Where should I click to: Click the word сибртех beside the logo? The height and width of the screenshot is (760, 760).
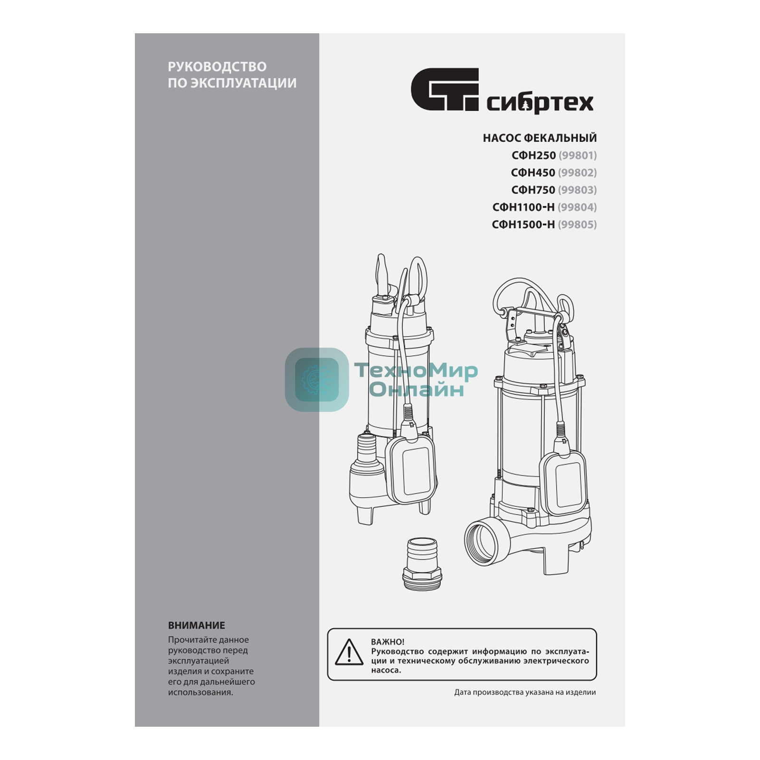(540, 102)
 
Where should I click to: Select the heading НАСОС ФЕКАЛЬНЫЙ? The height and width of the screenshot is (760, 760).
(540, 138)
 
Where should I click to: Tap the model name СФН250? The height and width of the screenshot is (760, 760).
(533, 155)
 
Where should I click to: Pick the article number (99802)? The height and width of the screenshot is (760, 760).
(578, 172)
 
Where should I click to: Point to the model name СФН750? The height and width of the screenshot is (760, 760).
(533, 190)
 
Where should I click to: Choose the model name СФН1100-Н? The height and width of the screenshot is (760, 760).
(523, 207)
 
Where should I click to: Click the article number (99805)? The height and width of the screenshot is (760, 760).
(578, 224)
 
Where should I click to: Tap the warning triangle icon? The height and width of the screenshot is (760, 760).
(349, 652)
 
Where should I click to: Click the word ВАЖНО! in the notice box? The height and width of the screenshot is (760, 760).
(388, 642)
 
